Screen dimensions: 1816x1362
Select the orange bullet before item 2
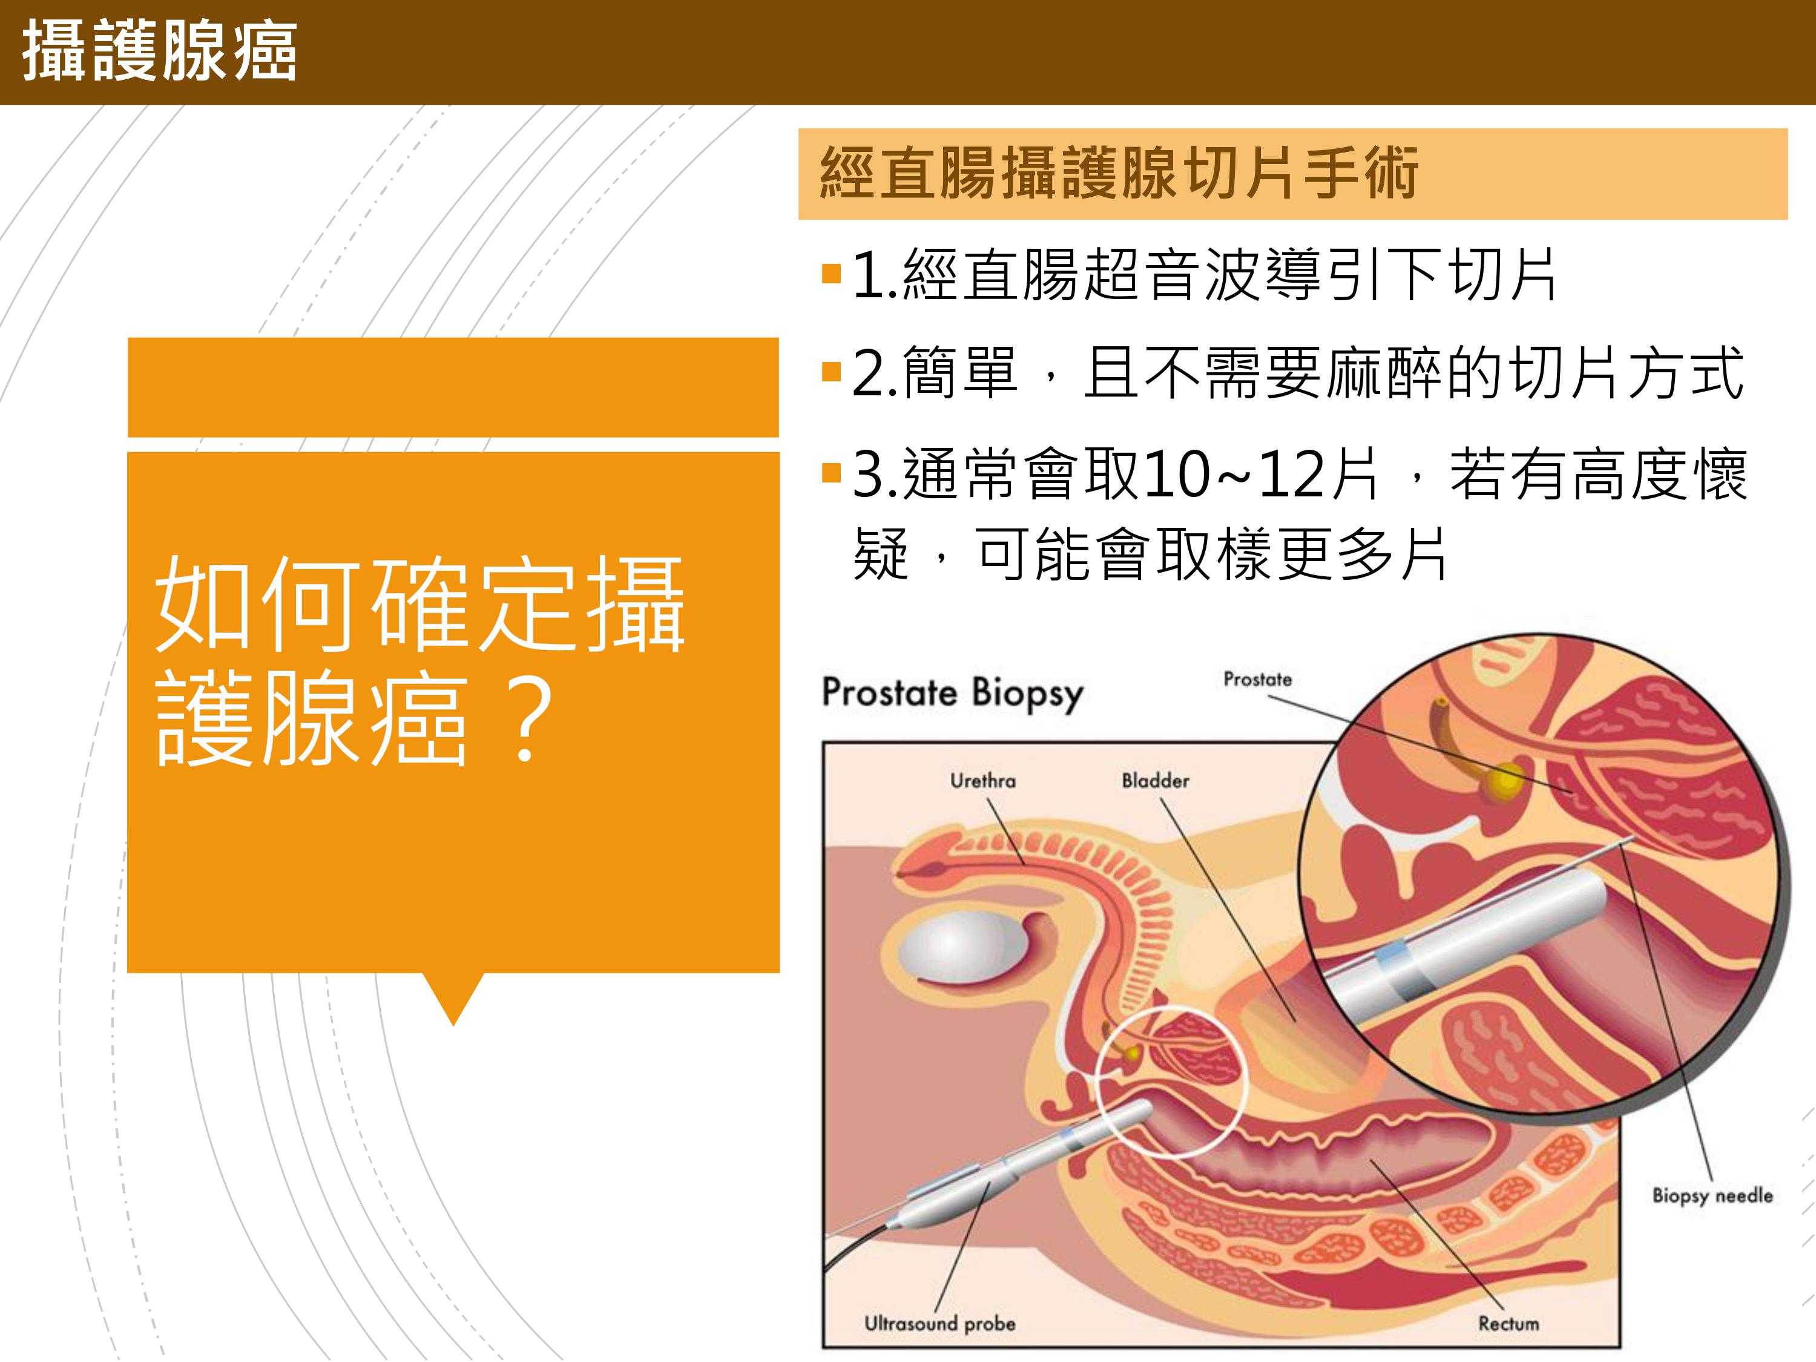click(832, 373)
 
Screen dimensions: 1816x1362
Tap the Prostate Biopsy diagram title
click(952, 693)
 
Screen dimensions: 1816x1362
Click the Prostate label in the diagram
click(1257, 680)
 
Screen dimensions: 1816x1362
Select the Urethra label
click(982, 781)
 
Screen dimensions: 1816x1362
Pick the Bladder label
click(1155, 781)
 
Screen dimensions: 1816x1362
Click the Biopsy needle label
click(1712, 1196)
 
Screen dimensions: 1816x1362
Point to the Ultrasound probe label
click(940, 1323)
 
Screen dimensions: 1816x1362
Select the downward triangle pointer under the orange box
click(453, 998)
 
